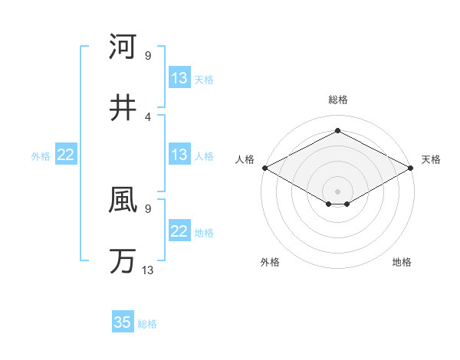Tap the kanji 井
(x=123, y=107)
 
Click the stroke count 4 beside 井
(x=148, y=116)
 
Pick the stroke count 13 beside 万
(x=148, y=270)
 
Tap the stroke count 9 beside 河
(x=148, y=55)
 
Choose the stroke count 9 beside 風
(x=148, y=208)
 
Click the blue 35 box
(x=123, y=322)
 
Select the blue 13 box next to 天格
(x=179, y=78)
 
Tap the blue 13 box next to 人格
(x=179, y=155)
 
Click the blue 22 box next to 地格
(x=179, y=231)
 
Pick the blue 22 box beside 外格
(x=66, y=155)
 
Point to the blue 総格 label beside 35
(x=147, y=324)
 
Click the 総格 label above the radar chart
(x=337, y=100)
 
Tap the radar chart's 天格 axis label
(x=432, y=159)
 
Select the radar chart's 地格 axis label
(x=402, y=262)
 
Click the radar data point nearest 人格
(x=264, y=168)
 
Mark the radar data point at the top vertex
(x=337, y=131)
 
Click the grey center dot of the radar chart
(x=337, y=191)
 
